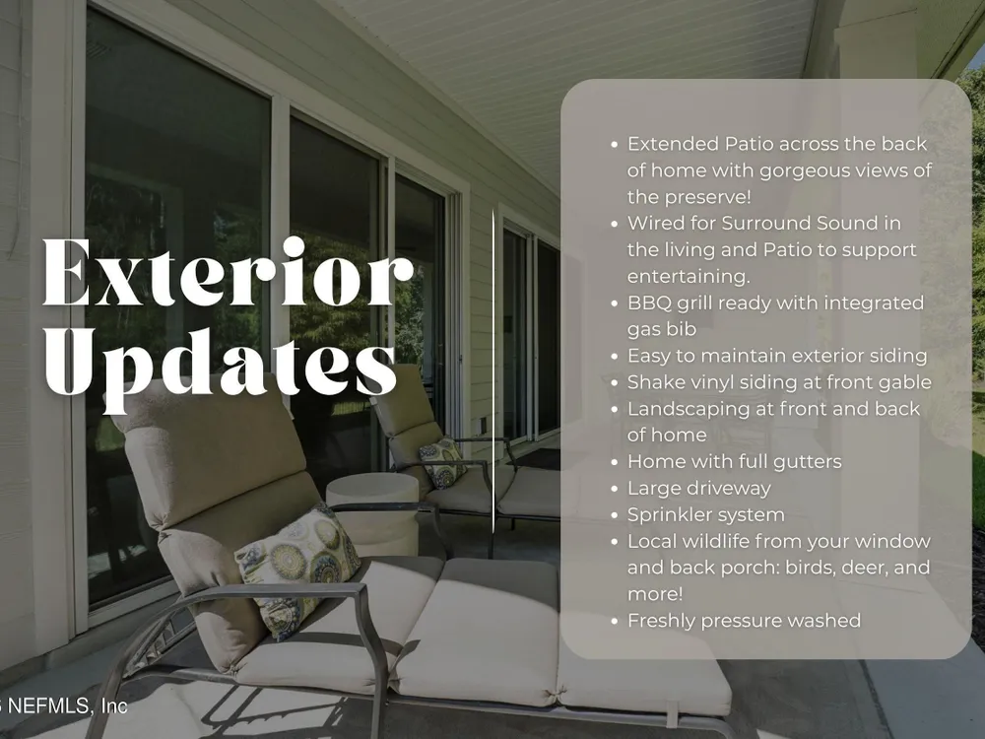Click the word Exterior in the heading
[x=229, y=272]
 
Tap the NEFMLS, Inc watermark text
[x=63, y=705]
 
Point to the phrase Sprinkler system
[x=706, y=514]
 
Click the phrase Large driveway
[x=699, y=489]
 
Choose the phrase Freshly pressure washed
[x=745, y=621]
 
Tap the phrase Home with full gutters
[x=735, y=462]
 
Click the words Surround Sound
[x=811, y=223]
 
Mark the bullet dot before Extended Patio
[x=615, y=145]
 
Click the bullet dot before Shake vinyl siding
[x=615, y=382]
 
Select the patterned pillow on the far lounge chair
[x=442, y=462]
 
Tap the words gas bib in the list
[x=662, y=329]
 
